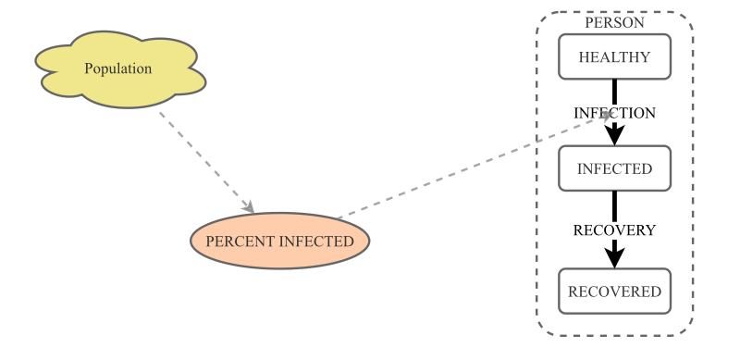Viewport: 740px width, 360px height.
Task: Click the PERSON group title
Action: coord(614,22)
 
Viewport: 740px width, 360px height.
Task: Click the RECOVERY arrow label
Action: coord(614,230)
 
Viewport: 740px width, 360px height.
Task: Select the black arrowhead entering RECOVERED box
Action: coord(614,257)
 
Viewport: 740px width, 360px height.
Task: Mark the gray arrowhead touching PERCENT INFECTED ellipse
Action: coord(248,208)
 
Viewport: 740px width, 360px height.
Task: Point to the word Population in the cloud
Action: coord(118,68)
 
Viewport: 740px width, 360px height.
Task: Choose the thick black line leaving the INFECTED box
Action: coord(614,205)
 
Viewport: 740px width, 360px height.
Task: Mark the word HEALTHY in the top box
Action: coord(614,57)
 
